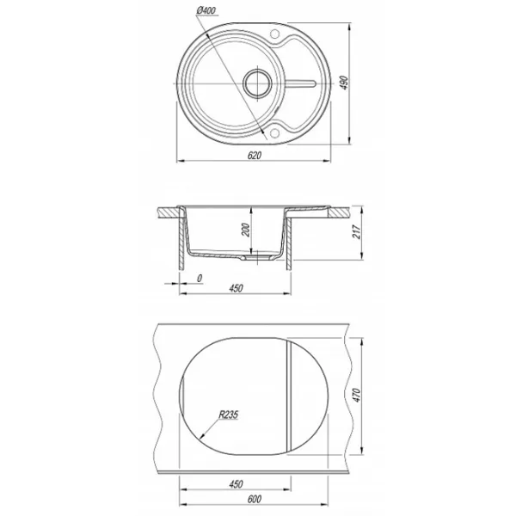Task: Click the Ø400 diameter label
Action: (206, 11)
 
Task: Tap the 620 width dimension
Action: (255, 155)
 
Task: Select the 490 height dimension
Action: (343, 83)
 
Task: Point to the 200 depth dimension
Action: (246, 230)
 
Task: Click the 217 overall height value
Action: (357, 232)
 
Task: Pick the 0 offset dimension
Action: (200, 279)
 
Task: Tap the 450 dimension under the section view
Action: (236, 288)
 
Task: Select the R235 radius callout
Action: (229, 415)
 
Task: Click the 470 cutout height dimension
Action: (357, 396)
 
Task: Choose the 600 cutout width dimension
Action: (255, 499)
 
